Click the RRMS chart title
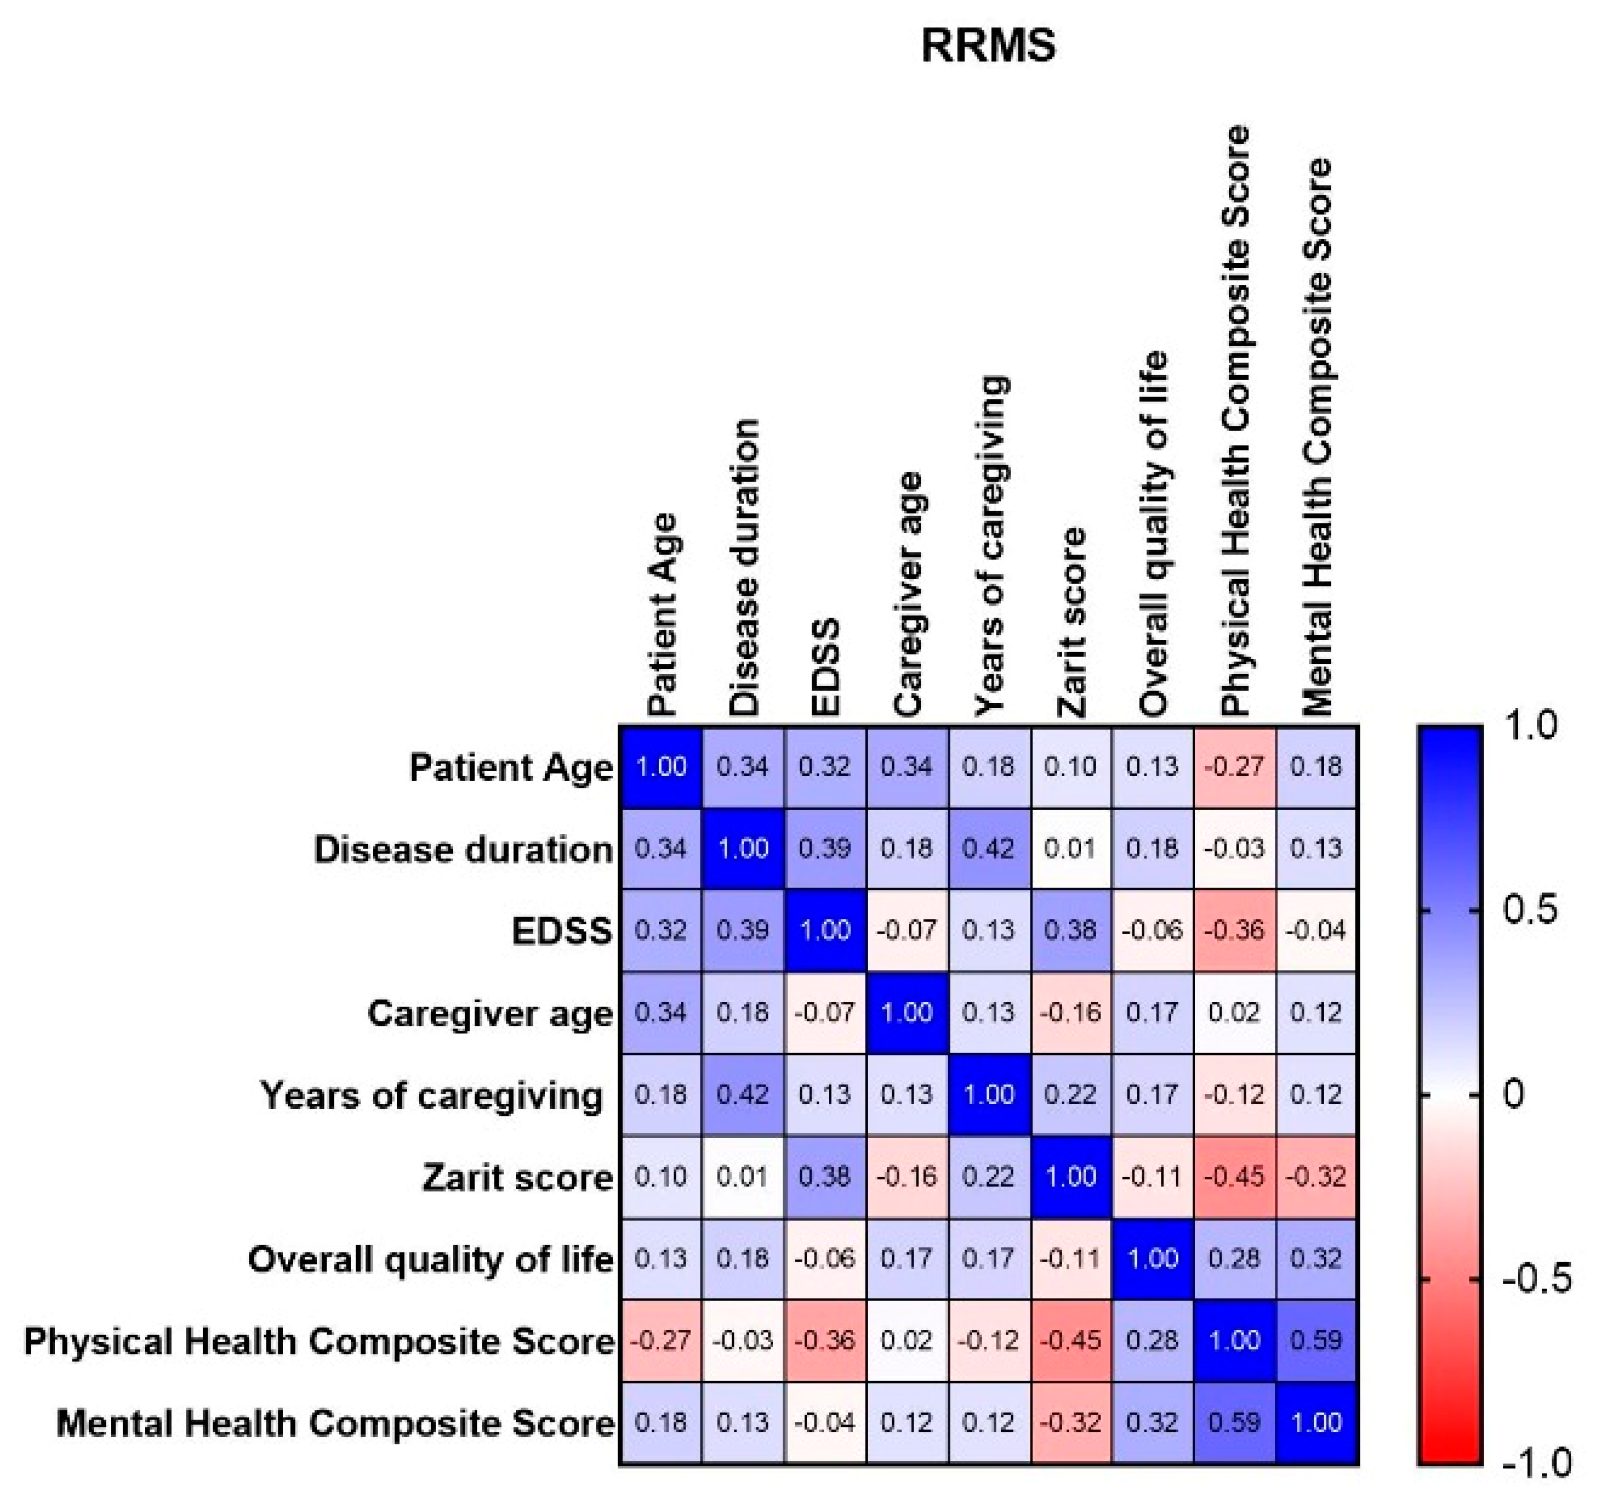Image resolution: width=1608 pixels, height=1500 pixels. [988, 45]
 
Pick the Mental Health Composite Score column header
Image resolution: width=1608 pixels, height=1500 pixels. [1317, 437]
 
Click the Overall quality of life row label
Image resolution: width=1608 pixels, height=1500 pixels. [430, 1260]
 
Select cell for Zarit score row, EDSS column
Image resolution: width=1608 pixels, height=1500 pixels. [825, 1176]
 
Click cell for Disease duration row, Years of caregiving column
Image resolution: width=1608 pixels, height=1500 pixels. [989, 849]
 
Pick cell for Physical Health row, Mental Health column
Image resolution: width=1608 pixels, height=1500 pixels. [1317, 1341]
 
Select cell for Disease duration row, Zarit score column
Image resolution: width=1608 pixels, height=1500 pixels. [1071, 849]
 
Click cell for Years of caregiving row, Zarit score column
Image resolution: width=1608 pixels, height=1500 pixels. [1071, 1095]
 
